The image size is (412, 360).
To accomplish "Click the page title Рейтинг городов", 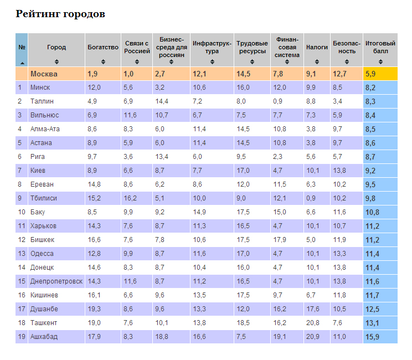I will coord(60,14).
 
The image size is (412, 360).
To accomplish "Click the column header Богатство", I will coord(103,48).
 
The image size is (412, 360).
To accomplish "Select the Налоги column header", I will coord(317,48).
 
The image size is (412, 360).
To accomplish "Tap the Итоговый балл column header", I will coord(380,47).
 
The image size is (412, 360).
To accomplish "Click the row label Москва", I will coord(44,74).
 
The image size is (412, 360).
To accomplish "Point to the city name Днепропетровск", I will coord(56,281).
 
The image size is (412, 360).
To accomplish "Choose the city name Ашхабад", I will coord(44,337).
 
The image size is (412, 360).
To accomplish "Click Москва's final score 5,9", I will coord(370,74).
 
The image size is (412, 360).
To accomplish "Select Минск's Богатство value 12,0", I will coord(94,88).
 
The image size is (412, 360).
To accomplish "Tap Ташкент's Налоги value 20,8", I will coord(313,323).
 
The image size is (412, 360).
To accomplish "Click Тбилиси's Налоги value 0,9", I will coord(311,198).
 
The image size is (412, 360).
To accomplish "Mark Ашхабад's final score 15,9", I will coord(372,337).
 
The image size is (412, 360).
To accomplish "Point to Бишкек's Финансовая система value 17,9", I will coord(280,240).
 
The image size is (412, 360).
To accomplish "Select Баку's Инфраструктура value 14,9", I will coord(199,212).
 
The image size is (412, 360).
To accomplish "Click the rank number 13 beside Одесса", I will coord(21,254).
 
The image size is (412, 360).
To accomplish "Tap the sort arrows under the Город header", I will coord(56,61).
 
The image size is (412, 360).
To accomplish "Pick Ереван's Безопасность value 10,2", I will coord(339,184).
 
